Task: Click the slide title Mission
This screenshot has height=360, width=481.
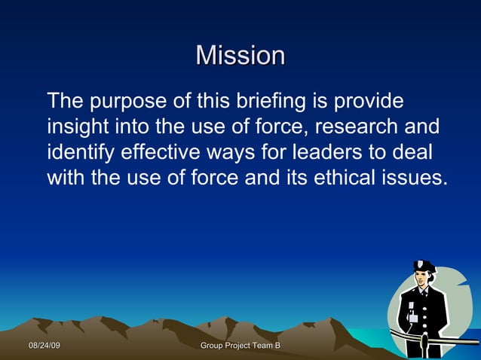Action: pos(240,56)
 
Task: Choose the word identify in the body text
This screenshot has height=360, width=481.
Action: pos(79,152)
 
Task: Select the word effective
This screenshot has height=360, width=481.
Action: pos(159,152)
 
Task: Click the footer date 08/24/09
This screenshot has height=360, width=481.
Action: pos(44,345)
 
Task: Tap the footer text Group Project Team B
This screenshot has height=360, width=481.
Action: pos(240,345)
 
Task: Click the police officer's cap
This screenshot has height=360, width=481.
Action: pos(424,267)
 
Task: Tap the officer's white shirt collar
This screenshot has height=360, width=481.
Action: pos(424,291)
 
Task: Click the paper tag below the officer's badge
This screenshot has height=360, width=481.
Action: pos(413,318)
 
